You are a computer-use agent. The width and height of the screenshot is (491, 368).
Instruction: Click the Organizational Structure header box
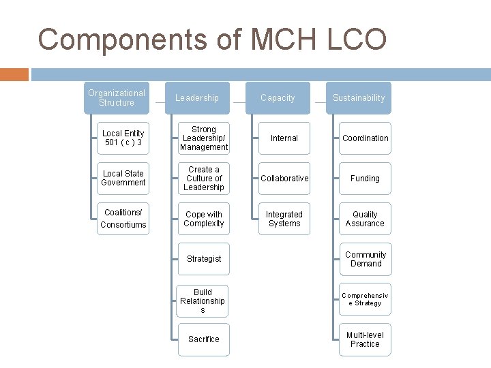[116, 98]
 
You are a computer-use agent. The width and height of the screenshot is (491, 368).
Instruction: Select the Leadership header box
[197, 98]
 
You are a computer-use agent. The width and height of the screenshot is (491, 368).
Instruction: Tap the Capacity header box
[278, 98]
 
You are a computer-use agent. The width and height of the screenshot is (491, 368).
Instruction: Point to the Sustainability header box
[359, 98]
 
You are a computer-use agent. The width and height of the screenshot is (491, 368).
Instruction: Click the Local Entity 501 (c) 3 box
[123, 138]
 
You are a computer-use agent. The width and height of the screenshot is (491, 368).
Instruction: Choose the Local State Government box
[123, 179]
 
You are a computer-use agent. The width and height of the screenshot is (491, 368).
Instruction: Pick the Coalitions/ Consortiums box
[123, 219]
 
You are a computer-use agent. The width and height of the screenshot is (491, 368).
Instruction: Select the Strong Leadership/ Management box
[204, 138]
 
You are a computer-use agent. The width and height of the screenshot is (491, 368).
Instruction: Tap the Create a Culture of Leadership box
[204, 179]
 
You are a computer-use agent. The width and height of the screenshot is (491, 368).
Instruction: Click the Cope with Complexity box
[204, 219]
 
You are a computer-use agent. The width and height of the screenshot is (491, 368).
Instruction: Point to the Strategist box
[204, 259]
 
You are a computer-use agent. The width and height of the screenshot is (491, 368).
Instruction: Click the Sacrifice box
[204, 339]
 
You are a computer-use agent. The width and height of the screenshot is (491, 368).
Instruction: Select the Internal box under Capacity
[284, 138]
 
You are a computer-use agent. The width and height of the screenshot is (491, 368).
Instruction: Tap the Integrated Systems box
[284, 219]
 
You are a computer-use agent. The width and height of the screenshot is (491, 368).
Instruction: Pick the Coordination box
[366, 138]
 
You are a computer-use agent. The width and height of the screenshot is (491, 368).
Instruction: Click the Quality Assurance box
[366, 219]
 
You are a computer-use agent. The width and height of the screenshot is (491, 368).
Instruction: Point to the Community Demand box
[366, 259]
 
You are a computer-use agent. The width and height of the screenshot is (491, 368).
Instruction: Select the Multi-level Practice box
[366, 339]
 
